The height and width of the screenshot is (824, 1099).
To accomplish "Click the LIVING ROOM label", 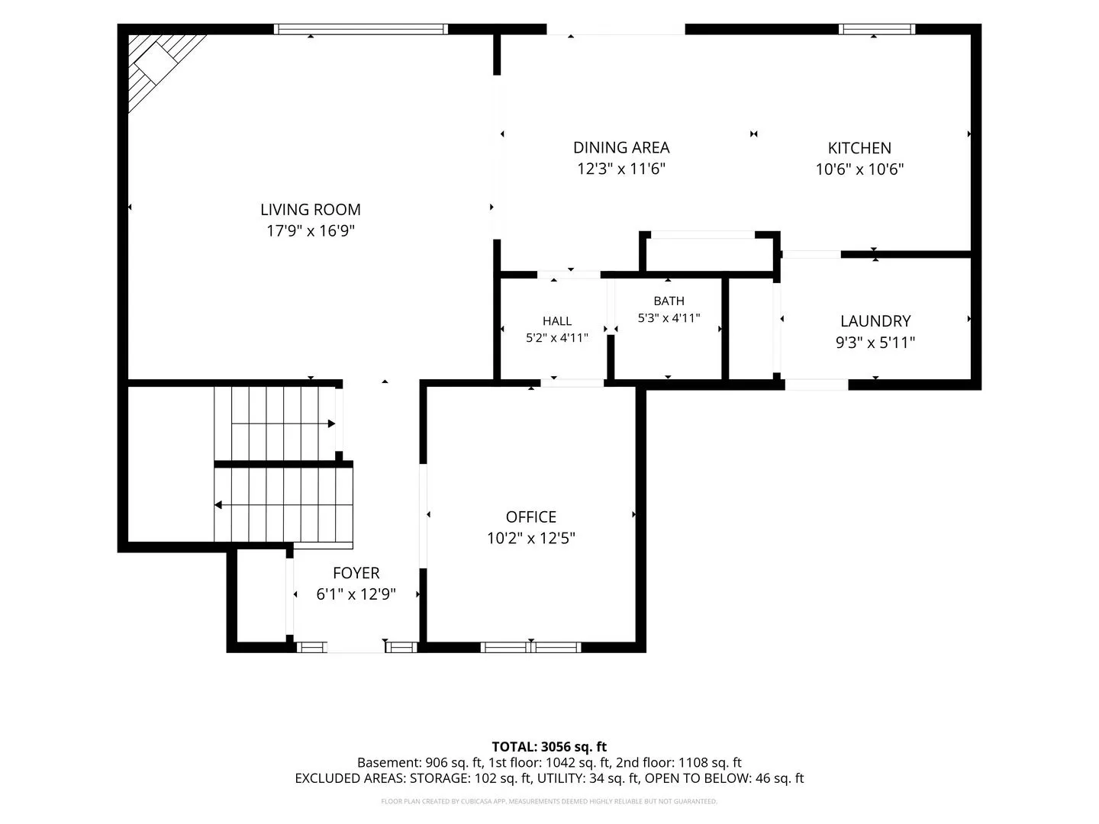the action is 311,210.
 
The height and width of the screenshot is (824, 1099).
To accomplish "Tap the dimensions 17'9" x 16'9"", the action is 311,230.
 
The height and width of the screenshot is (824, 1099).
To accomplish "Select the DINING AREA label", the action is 621,147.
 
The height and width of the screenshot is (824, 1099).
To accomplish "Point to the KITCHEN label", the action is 859,148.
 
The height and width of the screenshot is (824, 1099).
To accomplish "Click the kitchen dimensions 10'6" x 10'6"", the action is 859,169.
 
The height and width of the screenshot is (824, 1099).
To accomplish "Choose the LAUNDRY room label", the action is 875,321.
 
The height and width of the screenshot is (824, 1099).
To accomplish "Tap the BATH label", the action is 669,301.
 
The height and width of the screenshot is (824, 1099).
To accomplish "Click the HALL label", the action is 557,321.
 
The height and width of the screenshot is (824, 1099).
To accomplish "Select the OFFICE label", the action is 530,517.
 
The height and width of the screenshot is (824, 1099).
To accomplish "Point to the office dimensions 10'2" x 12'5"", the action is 530,538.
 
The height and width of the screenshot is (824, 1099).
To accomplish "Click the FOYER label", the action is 356,573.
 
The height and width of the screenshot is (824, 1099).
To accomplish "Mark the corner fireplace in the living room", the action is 160,65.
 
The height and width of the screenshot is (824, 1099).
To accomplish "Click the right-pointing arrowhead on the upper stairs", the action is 331,423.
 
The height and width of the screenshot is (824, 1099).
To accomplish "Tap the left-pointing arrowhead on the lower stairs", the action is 218,505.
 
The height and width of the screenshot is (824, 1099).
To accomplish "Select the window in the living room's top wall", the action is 360,29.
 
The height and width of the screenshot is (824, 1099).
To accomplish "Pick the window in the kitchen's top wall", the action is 877,29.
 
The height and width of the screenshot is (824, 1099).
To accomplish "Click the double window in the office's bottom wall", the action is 530,648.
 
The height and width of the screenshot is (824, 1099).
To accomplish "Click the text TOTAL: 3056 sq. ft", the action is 549,747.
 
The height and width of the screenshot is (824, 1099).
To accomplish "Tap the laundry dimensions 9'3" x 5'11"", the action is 875,343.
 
